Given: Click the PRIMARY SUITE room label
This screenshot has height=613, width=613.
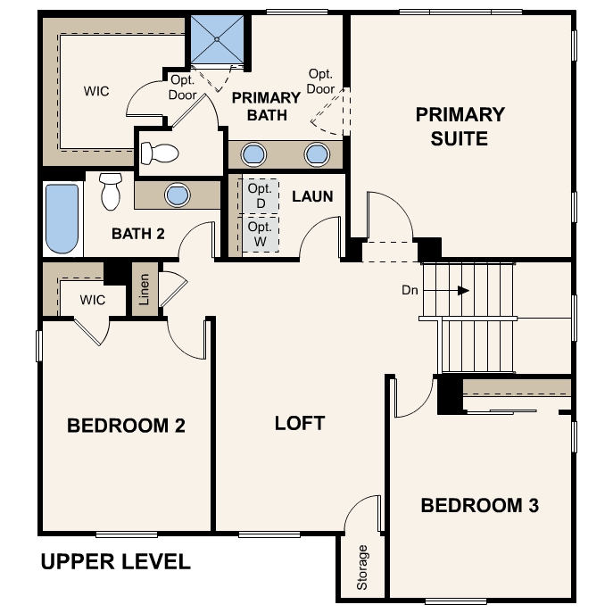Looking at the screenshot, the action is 460,127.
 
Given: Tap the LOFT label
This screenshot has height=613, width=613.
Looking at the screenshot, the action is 300,424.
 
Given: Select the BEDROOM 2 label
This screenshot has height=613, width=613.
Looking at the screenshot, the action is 126,426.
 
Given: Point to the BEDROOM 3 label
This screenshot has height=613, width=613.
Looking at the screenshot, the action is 480,505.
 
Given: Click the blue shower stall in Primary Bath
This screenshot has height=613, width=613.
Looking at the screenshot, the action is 217,39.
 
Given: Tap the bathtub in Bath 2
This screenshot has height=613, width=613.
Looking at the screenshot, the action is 62,218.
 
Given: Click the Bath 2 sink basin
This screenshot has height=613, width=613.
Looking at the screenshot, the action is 178,195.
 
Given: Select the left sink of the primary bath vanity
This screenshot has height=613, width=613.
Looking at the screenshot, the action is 253,154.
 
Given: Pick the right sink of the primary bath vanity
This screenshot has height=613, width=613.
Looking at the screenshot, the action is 317,154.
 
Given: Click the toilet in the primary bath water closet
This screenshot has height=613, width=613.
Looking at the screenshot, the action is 160,153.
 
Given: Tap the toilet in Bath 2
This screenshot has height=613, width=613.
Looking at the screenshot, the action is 111,192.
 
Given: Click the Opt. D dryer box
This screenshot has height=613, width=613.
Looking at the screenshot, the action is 261,196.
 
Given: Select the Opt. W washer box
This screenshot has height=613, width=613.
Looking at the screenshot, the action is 261,234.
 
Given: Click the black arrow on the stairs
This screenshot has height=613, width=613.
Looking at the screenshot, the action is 463,291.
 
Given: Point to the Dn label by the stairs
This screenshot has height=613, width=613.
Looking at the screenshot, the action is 410,290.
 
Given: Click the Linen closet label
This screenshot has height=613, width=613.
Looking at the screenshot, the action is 145,289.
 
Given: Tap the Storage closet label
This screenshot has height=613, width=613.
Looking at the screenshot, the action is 362,567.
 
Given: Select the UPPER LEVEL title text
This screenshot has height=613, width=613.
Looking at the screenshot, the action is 116,561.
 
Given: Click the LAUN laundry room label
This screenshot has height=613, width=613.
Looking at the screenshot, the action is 312,196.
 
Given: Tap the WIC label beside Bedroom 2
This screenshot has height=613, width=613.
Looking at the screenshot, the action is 93,300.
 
